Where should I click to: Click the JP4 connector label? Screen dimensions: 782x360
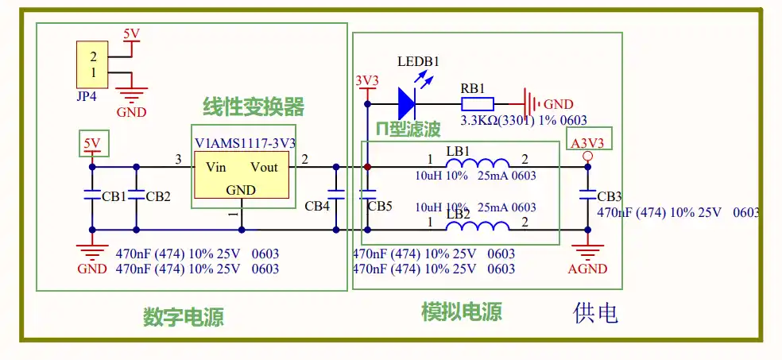pyautogui.click(x=87, y=95)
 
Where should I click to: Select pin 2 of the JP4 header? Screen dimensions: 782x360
pyautogui.click(x=93, y=57)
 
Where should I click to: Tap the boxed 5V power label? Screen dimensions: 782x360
pyautogui.click(x=91, y=144)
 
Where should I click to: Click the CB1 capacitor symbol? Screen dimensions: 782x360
pyautogui.click(x=91, y=195)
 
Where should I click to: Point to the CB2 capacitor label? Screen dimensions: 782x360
pyautogui.click(x=158, y=196)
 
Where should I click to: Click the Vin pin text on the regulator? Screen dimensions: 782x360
pyautogui.click(x=216, y=167)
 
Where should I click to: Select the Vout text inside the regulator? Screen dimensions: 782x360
pyautogui.click(x=264, y=167)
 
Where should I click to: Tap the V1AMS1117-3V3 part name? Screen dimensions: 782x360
pyautogui.click(x=246, y=144)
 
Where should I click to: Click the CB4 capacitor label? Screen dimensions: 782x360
pyautogui.click(x=318, y=205)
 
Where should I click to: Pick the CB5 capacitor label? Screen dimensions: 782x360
pyautogui.click(x=380, y=205)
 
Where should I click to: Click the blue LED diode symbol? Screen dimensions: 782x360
pyautogui.click(x=406, y=104)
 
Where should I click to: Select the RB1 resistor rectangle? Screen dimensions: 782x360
pyautogui.click(x=478, y=104)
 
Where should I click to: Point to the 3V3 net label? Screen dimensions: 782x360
pyautogui.click(x=367, y=81)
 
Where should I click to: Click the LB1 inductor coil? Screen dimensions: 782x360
pyautogui.click(x=478, y=163)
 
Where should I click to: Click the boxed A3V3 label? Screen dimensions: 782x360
pyautogui.click(x=587, y=143)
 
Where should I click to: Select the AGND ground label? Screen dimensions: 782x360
pyautogui.click(x=587, y=269)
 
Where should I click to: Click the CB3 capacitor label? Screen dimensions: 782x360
pyautogui.click(x=609, y=196)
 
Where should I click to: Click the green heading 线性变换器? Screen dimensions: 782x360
pyautogui.click(x=254, y=106)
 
